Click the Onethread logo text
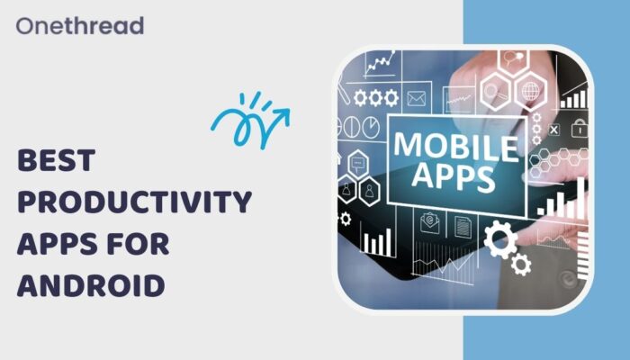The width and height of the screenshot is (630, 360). click(x=79, y=25)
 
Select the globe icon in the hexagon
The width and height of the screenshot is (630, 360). click(x=531, y=91)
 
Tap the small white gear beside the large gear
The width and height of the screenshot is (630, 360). click(x=520, y=264)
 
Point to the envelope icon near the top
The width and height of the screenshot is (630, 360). click(x=416, y=98)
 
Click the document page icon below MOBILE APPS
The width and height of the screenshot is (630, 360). click(x=464, y=221)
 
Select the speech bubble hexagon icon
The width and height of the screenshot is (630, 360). click(x=356, y=164)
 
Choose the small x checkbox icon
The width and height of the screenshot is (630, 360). click(x=554, y=130)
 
